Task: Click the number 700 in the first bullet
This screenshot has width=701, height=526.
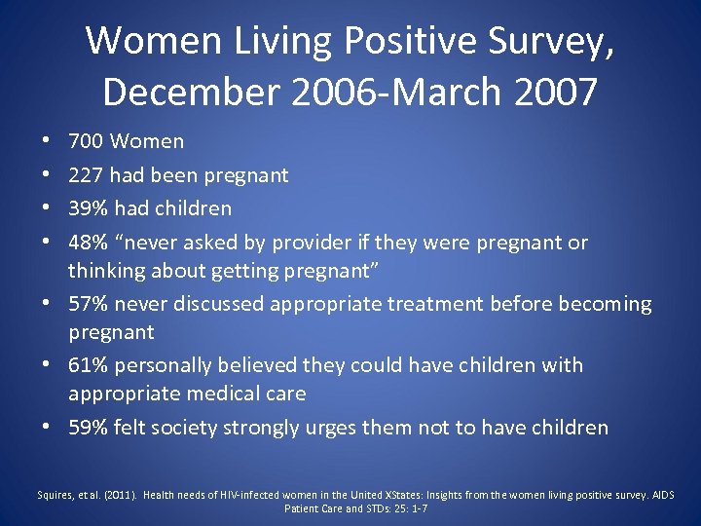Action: tap(86, 141)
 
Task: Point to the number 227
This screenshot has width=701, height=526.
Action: tap(86, 175)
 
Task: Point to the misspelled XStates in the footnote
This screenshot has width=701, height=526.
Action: tap(397, 494)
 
